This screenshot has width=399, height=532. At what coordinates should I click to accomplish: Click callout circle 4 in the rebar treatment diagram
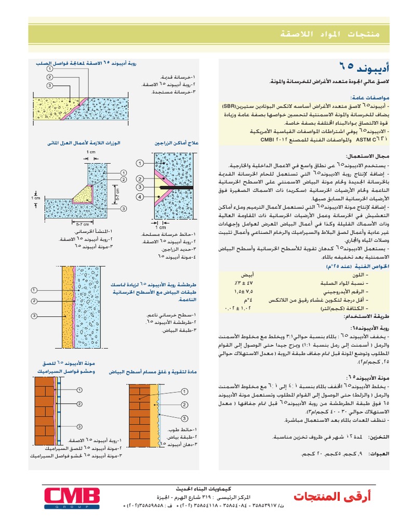coord(140,197)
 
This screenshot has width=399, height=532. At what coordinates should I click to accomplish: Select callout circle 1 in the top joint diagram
coord(49,69)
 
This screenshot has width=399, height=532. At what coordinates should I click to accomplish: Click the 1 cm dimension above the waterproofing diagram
coord(91,152)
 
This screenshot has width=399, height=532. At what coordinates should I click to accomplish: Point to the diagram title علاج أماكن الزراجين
coord(177,142)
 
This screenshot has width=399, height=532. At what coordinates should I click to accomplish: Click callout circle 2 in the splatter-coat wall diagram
coord(34,301)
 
